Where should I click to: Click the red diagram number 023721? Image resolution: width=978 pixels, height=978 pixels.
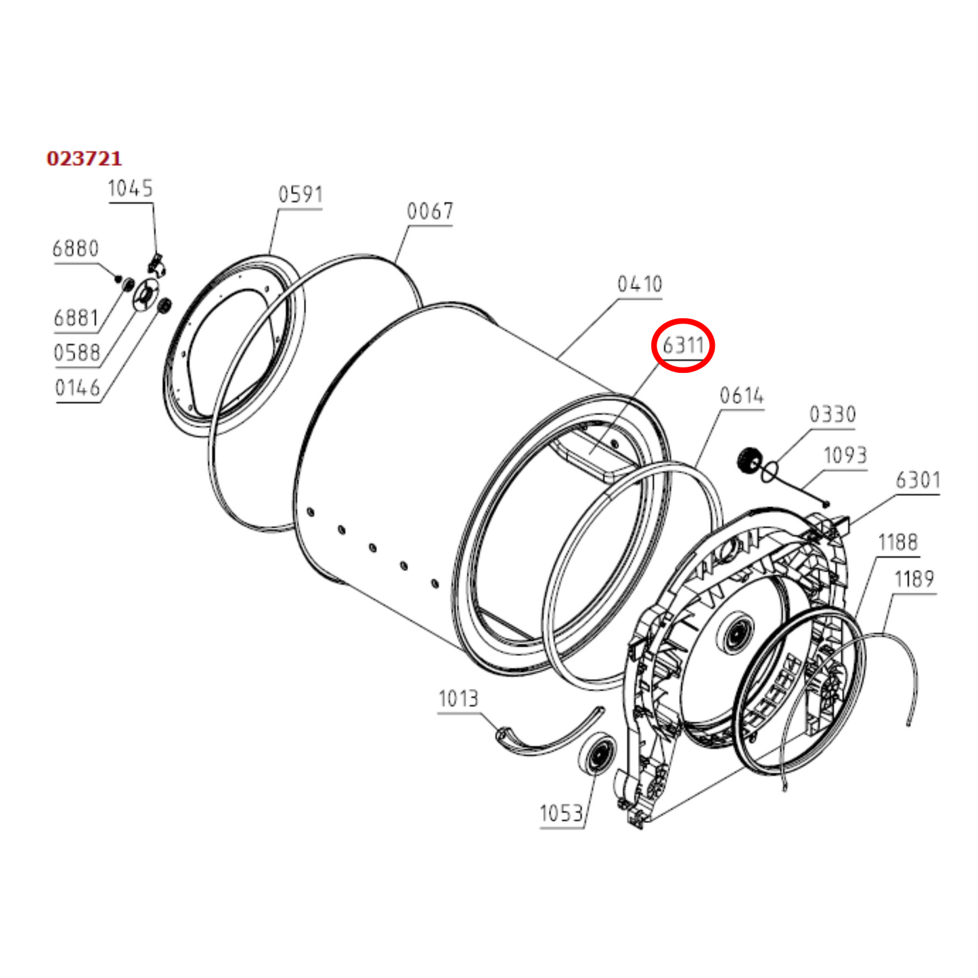pyautogui.click(x=84, y=158)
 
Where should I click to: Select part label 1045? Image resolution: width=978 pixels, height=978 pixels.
pyautogui.click(x=131, y=188)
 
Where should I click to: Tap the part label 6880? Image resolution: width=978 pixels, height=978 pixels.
pyautogui.click(x=76, y=248)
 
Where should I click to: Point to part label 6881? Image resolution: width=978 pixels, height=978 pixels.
pyautogui.click(x=76, y=317)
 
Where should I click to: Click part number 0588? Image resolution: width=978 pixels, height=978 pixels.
pyautogui.click(x=76, y=353)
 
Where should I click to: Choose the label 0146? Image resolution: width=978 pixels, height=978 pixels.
pyautogui.click(x=77, y=388)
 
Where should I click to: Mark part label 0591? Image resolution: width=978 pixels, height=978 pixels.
pyautogui.click(x=301, y=195)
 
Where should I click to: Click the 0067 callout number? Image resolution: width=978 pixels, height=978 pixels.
pyautogui.click(x=430, y=211)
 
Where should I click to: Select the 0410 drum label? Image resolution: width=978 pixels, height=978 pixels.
pyautogui.click(x=640, y=284)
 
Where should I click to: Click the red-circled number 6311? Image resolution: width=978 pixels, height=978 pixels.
pyautogui.click(x=684, y=345)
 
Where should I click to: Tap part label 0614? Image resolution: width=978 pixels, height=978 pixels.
pyautogui.click(x=742, y=395)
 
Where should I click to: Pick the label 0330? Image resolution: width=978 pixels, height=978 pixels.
pyautogui.click(x=832, y=414)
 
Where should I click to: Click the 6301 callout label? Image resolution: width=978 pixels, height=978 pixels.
pyautogui.click(x=918, y=481)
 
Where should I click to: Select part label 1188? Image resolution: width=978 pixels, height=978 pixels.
pyautogui.click(x=898, y=543)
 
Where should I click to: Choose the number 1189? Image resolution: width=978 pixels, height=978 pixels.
pyautogui.click(x=914, y=579)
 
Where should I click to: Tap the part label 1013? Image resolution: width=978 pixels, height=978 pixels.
pyautogui.click(x=458, y=698)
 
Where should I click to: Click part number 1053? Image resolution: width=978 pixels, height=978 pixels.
pyautogui.click(x=561, y=813)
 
